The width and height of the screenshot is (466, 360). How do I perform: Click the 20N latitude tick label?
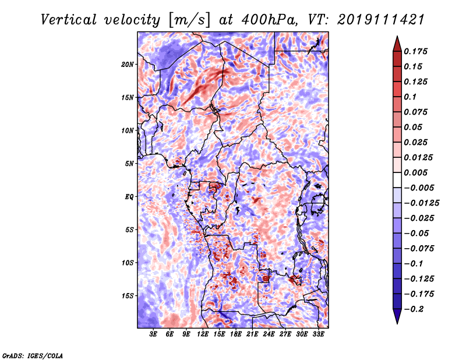tap(128, 65)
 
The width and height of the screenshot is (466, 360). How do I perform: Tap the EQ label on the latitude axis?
tap(129, 197)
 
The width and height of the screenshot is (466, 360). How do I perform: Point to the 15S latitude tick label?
tap(128, 296)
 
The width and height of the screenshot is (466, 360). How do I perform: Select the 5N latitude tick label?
tap(129, 164)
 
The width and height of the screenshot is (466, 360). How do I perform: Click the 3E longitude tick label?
tap(153, 334)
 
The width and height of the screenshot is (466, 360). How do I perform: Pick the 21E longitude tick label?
tap(252, 334)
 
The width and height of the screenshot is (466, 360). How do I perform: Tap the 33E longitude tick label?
tap(318, 334)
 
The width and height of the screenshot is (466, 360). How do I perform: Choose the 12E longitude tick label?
tap(202, 334)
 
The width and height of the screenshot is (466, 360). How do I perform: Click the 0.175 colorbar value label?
tap(416, 51)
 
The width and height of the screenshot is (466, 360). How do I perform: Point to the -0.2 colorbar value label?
tap(414, 309)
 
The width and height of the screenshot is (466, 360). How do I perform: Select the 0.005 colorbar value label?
tap(416, 172)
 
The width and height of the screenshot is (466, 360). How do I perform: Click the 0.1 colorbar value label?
tap(410, 97)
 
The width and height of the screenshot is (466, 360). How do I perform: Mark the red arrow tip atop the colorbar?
tap(397, 37)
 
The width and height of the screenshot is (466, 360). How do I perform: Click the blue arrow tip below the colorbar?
tap(397, 323)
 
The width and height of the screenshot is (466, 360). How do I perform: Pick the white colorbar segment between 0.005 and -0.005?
tap(397, 180)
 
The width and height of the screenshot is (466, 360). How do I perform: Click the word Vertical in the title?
tap(69, 20)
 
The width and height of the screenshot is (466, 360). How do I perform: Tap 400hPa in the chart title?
tap(269, 20)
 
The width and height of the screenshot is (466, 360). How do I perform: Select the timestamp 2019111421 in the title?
tap(381, 20)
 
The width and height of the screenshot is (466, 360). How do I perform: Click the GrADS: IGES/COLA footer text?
tap(33, 355)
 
